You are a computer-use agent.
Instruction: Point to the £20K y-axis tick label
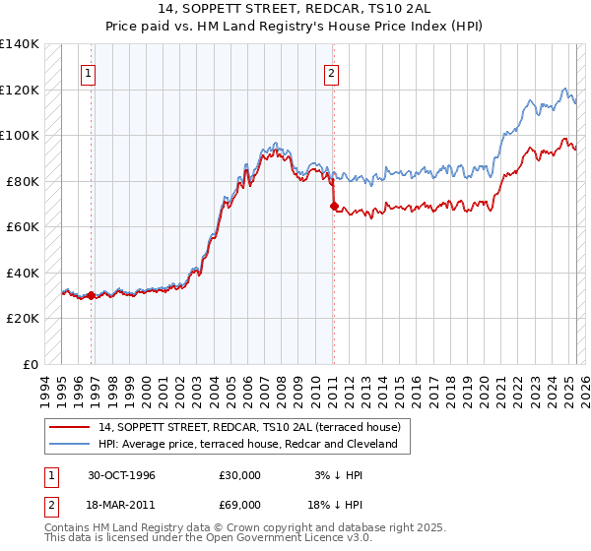tap(22, 319)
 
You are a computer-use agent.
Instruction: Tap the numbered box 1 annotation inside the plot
tap(89, 73)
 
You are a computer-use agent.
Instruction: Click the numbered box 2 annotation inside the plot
tap(332, 73)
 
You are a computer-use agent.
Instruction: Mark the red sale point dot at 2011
tap(333, 207)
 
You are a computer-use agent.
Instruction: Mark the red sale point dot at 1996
tap(92, 295)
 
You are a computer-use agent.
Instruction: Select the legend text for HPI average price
tap(247, 444)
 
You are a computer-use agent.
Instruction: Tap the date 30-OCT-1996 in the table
tap(121, 475)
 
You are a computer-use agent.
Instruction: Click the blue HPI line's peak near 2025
tap(564, 89)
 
